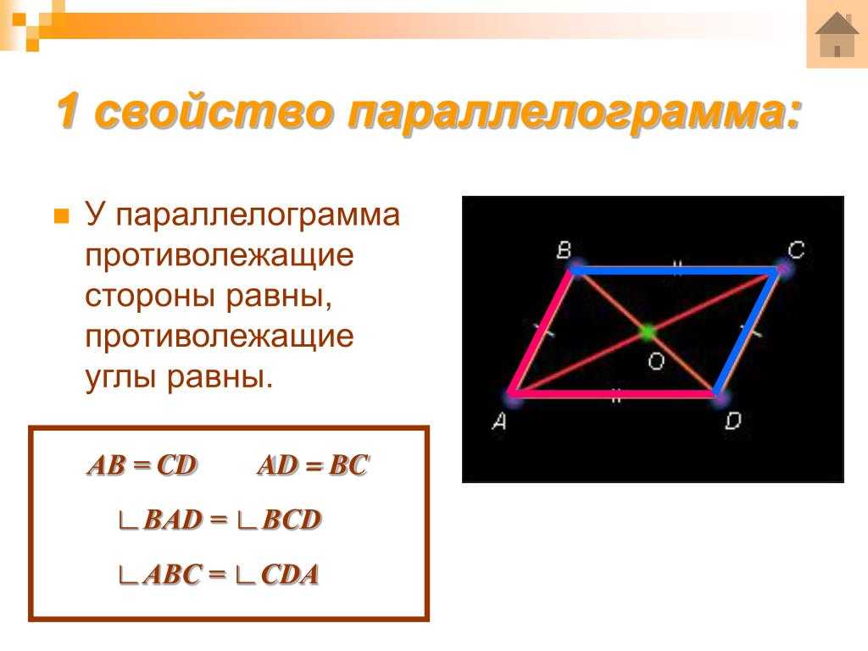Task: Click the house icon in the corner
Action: [x=837, y=34]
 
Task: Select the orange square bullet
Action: [x=61, y=216]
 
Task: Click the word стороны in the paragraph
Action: [x=150, y=296]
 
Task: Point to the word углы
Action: [x=120, y=377]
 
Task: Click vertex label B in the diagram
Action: [x=564, y=251]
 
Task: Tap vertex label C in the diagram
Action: [x=796, y=250]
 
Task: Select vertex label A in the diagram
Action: [x=498, y=422]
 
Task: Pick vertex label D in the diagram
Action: [x=733, y=421]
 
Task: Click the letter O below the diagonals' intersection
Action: [x=656, y=361]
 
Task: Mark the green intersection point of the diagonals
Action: [x=647, y=332]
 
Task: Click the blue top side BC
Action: [x=676, y=270]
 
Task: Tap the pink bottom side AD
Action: [x=615, y=394]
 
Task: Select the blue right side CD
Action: [x=748, y=332]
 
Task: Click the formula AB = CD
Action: [x=142, y=465]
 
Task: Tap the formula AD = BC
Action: [x=314, y=465]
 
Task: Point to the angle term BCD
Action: [x=292, y=520]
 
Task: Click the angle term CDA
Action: [x=290, y=575]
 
